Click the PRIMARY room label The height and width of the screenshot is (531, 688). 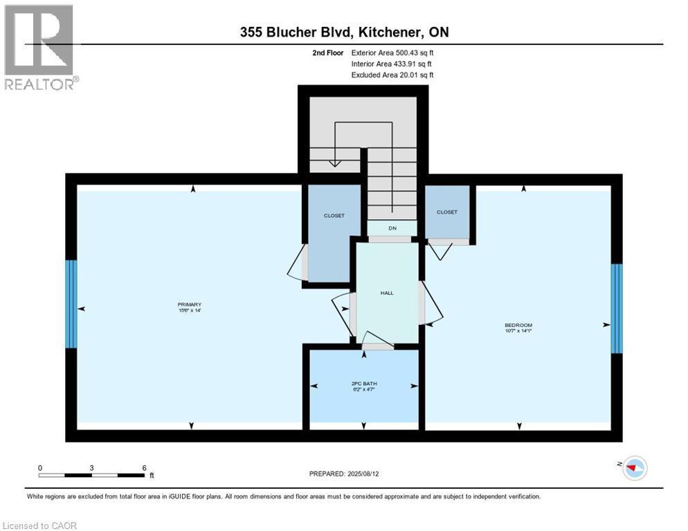(x=189, y=305)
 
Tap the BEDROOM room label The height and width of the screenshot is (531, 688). (x=518, y=325)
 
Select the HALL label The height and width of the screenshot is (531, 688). (x=387, y=293)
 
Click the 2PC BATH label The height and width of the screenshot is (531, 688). (x=364, y=383)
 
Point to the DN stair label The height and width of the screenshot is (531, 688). (x=392, y=228)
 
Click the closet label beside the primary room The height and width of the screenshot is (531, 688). (x=334, y=216)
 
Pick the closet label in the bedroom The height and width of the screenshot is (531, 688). (x=447, y=212)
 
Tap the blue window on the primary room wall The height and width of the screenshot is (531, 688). (x=71, y=304)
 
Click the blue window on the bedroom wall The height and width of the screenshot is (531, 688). (x=617, y=308)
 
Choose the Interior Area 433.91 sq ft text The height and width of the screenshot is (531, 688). (x=392, y=64)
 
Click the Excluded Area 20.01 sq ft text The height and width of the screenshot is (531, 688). (x=392, y=75)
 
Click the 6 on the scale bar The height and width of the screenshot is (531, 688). (x=144, y=467)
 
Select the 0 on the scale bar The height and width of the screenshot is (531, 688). (x=40, y=467)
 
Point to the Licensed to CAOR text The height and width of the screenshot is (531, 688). (x=40, y=525)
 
